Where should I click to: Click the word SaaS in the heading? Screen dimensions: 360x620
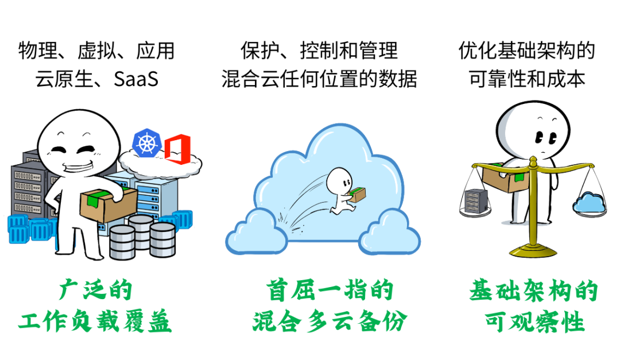(x=136, y=79)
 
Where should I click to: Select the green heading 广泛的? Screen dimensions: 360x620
(x=95, y=290)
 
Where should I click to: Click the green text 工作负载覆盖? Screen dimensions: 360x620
(x=95, y=322)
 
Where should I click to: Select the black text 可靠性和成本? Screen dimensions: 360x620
(x=528, y=79)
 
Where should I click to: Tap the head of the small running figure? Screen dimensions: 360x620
(x=338, y=181)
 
